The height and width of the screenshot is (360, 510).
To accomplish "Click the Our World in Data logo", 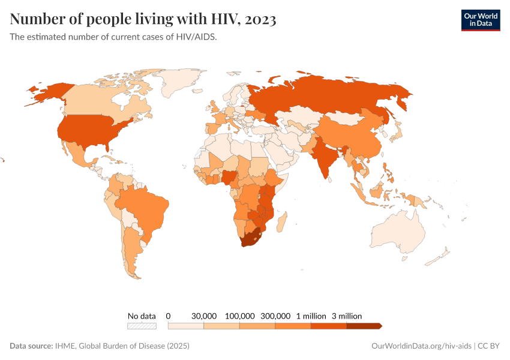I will coord(480,20).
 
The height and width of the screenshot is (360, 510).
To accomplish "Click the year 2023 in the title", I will coord(260,19).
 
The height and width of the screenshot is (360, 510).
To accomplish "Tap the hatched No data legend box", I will coord(142,326).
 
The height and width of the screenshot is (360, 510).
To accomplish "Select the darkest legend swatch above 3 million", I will coord(364,326).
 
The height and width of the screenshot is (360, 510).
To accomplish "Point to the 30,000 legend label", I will coord(204,316).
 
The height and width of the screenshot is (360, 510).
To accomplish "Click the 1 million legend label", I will coord(311,316).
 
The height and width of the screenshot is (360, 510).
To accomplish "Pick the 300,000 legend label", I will coord(275,316).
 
